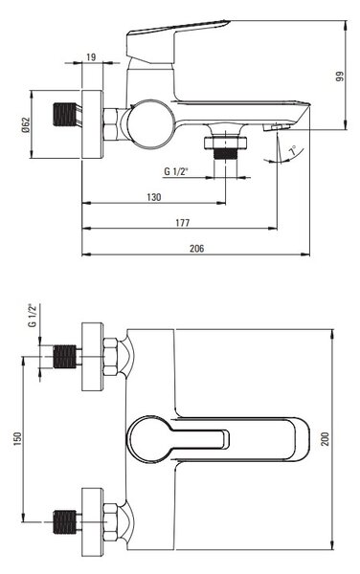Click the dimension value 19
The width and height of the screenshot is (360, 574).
(91, 57)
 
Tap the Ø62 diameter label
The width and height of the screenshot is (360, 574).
(25, 124)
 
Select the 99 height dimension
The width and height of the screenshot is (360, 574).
(340, 77)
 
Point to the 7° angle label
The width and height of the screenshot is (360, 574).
(293, 150)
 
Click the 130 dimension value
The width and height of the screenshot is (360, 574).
(154, 197)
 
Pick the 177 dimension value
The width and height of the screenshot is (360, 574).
(182, 223)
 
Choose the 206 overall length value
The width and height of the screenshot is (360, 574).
(196, 248)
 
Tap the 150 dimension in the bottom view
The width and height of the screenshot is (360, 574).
(17, 439)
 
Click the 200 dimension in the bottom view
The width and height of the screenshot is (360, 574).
(325, 439)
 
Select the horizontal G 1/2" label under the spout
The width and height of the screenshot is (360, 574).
(176, 171)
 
